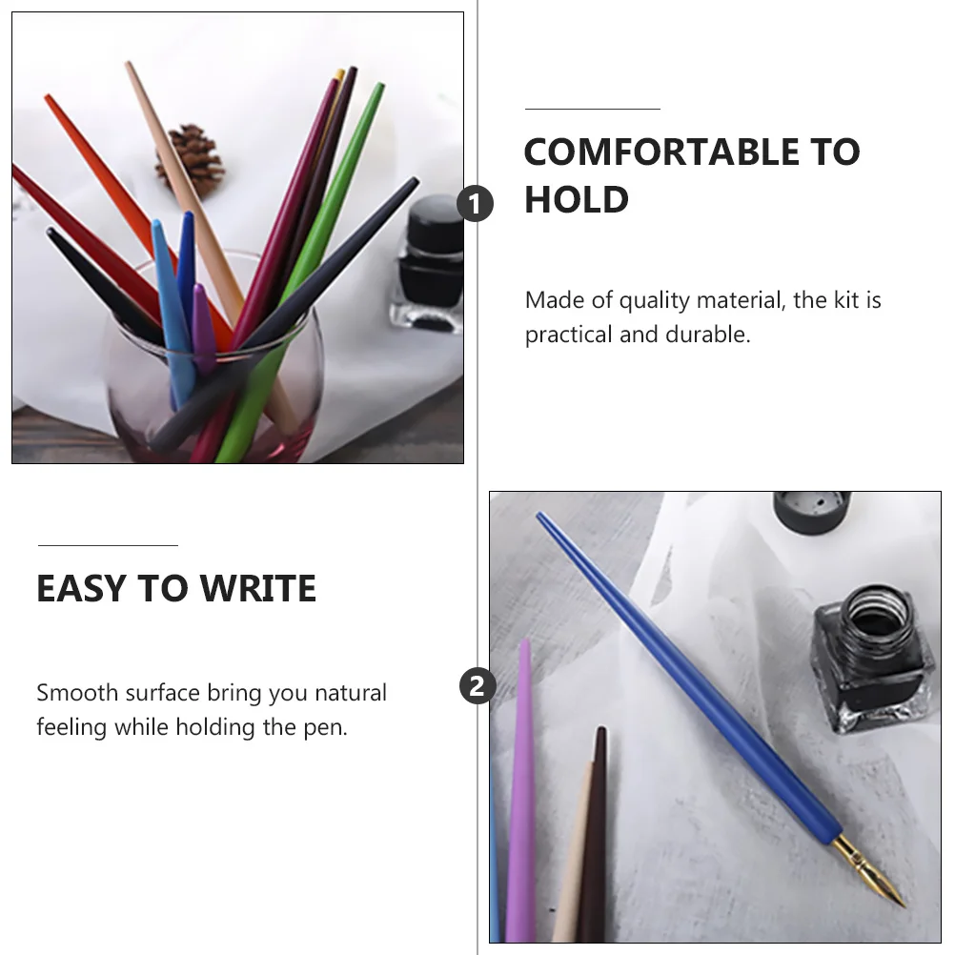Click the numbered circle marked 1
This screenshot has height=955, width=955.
476,204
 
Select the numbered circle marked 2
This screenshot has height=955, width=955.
477,686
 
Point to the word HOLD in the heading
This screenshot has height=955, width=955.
577,200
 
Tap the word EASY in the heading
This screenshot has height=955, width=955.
82,589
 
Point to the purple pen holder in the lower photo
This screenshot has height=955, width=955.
520,791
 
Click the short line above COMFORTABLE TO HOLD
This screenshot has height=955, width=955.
592,110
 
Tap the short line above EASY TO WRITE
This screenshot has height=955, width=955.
108,546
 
